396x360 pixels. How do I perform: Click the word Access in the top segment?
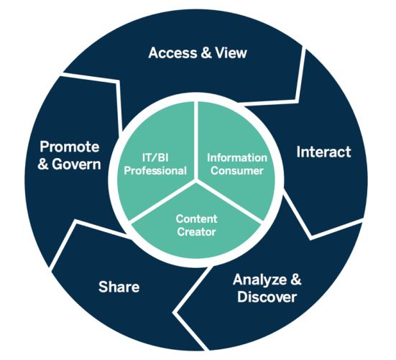click(x=172, y=52)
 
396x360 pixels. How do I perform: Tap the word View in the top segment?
click(x=231, y=52)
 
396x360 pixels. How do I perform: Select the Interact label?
click(x=323, y=152)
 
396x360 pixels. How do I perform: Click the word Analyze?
click(x=259, y=280)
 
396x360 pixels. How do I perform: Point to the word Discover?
click(x=267, y=297)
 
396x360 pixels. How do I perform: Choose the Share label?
click(x=119, y=287)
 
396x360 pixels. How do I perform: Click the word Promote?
click(x=70, y=147)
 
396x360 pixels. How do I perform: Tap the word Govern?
click(x=76, y=164)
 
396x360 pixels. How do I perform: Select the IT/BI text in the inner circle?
click(x=155, y=158)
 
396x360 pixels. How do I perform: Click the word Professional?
click(x=155, y=171)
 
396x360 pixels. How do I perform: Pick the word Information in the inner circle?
click(x=237, y=158)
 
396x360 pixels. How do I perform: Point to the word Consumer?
click(x=237, y=171)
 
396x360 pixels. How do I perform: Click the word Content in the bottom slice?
click(x=196, y=219)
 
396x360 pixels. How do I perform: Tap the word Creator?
click(x=196, y=232)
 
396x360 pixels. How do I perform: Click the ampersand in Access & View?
click(x=206, y=52)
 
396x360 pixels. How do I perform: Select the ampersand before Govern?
click(x=43, y=165)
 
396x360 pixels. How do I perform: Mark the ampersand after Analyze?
click(x=296, y=280)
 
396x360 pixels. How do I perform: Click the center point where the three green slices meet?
click(x=196, y=180)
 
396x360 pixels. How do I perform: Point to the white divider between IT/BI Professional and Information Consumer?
click(x=196, y=140)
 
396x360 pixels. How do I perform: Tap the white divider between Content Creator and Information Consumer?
click(x=229, y=200)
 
